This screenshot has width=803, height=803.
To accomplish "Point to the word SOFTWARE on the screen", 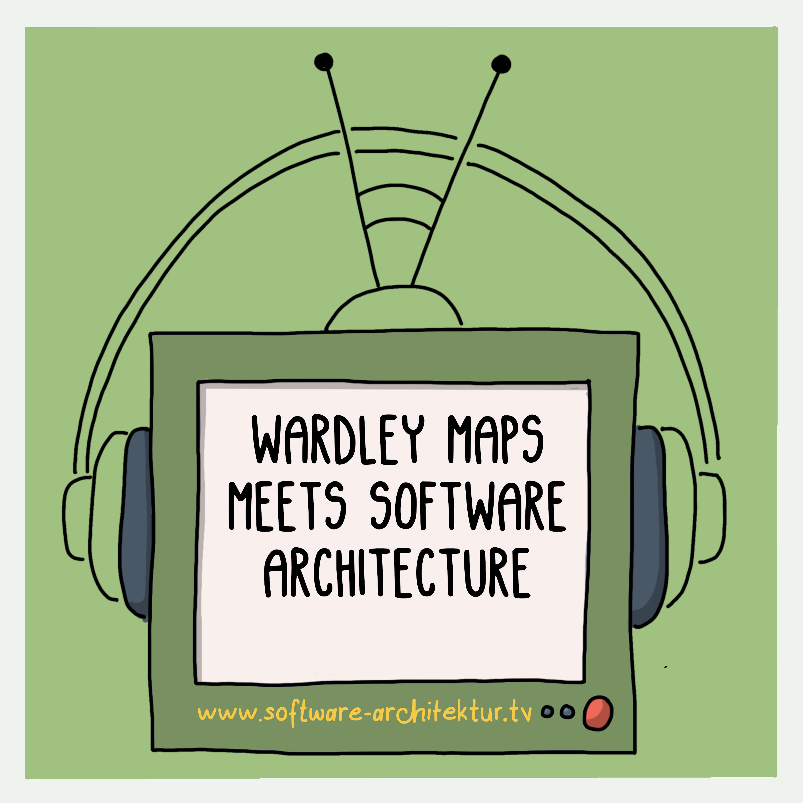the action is coord(468,506).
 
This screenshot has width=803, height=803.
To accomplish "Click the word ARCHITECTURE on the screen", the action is coord(397,573).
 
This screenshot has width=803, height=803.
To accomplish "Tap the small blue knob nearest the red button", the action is coord(566,712).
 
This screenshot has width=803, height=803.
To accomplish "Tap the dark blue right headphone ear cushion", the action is coord(649,527).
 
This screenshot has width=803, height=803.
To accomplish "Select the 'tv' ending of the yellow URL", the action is coord(521,711).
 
